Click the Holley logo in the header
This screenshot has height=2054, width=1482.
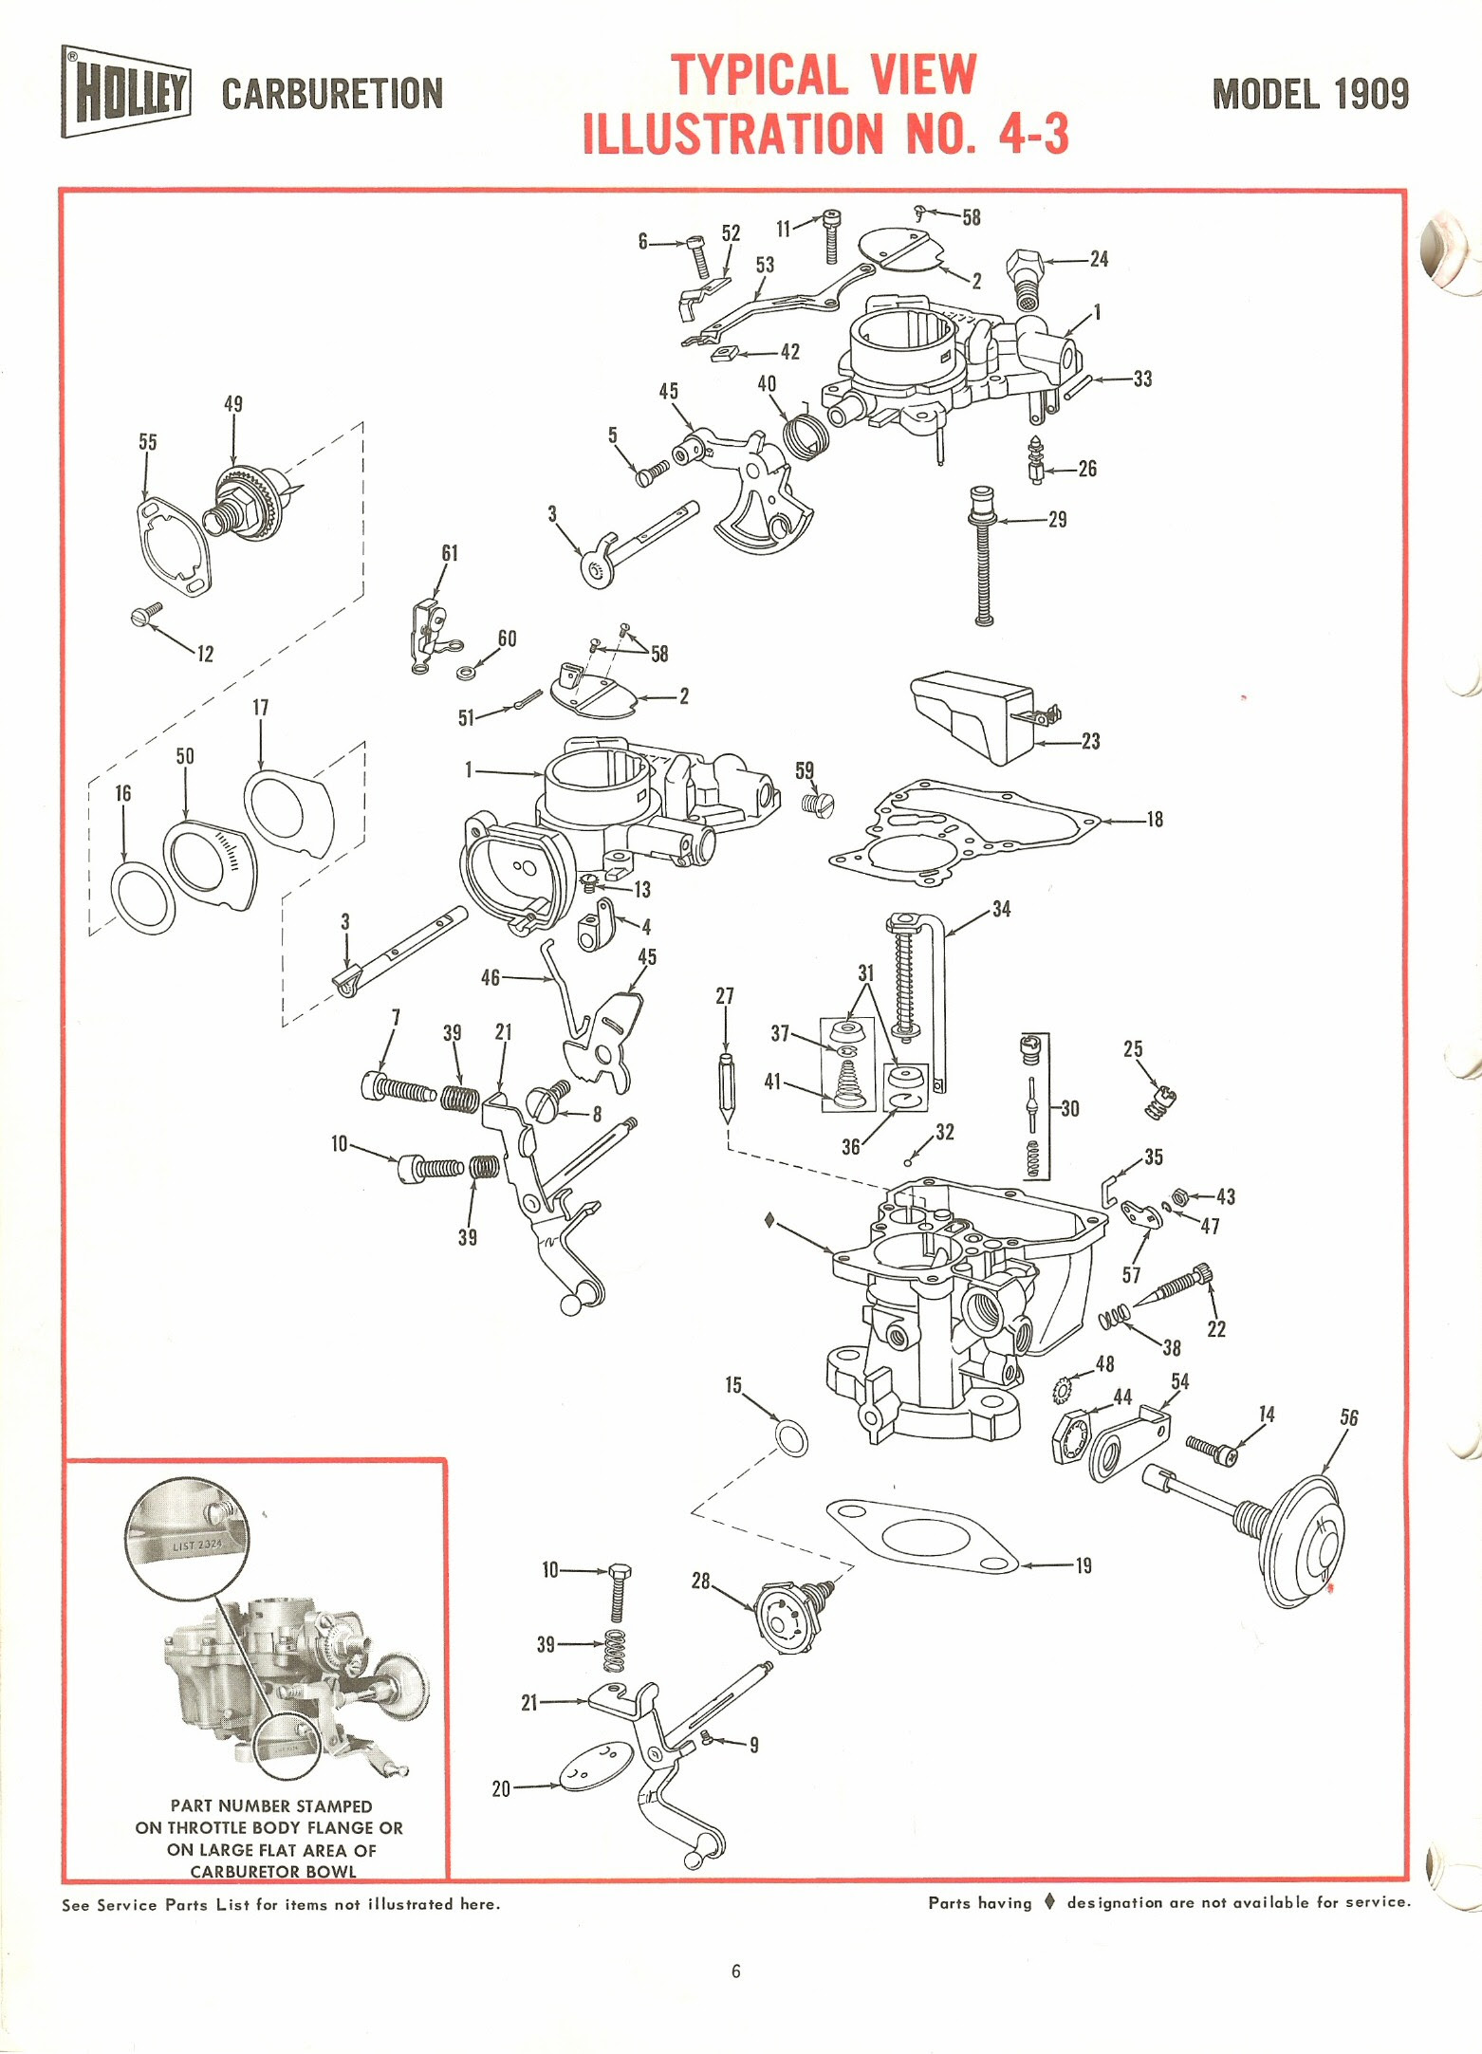[126, 92]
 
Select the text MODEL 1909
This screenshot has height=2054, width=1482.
[1310, 94]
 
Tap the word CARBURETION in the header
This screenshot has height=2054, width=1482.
[332, 94]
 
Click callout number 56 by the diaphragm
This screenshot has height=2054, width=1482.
[1349, 1417]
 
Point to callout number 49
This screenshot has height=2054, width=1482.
[233, 404]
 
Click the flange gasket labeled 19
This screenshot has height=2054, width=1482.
[921, 1535]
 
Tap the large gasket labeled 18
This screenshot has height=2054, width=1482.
[964, 832]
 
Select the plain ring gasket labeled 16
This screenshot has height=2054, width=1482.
[143, 898]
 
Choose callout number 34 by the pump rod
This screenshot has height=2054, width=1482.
[1001, 909]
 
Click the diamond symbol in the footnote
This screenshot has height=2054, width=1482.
[1049, 1901]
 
